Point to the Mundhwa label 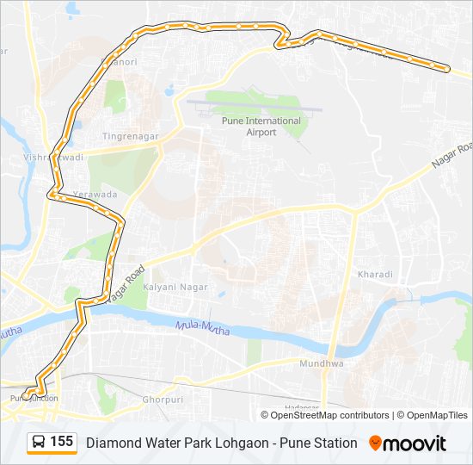322,364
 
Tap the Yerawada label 95,195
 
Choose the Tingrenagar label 127,137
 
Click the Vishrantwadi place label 53,158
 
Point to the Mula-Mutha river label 201,326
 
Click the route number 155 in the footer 61,442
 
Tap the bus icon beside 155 39,443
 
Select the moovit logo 408,443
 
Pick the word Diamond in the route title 112,443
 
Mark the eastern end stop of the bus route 447,68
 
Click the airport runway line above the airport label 255,107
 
